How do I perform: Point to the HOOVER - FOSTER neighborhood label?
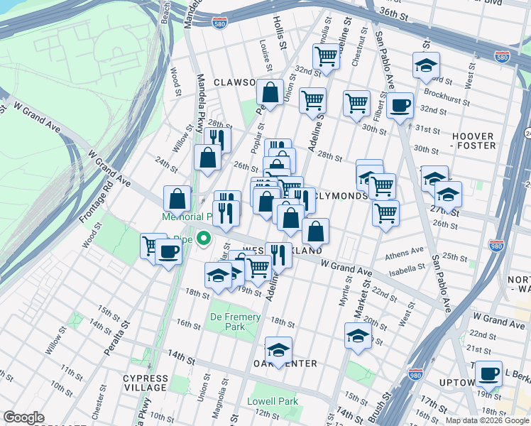pyautogui.click(x=473, y=141)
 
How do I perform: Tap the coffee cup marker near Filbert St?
pyautogui.click(x=400, y=106)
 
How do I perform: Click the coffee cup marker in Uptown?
pyautogui.click(x=488, y=373)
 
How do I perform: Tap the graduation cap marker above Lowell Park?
pyautogui.click(x=278, y=350)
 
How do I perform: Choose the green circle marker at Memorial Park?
pyautogui.click(x=203, y=239)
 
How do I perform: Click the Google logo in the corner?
pyautogui.click(x=23, y=418)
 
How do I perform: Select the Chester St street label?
pyautogui.click(x=98, y=403)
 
